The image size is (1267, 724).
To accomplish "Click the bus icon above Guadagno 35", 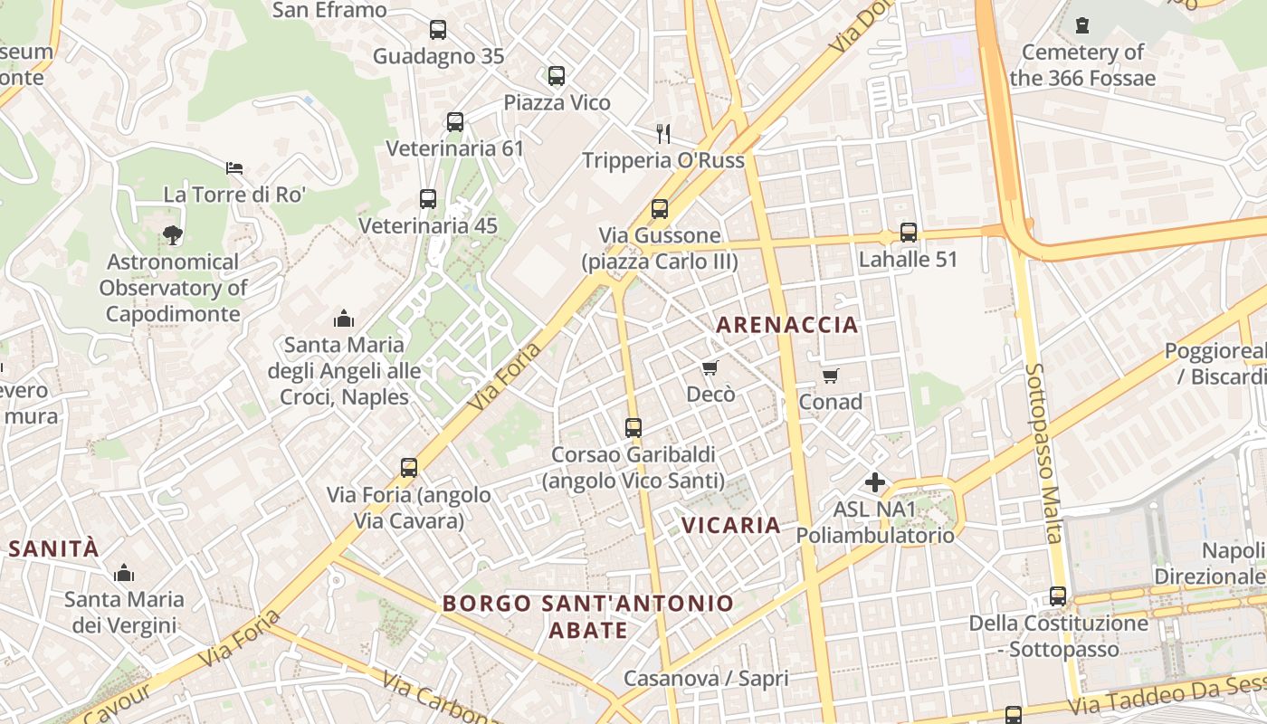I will tap(438, 30).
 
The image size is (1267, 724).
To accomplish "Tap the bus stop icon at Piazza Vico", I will tap(557, 76).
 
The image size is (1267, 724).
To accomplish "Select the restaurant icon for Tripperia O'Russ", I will tap(663, 134).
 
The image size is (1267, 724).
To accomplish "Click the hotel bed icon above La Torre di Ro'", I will tap(234, 167).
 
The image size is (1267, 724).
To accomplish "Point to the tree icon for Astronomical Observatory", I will tap(173, 235).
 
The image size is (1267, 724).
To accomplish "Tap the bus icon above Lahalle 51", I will tap(909, 233).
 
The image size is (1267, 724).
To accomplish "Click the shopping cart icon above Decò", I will tap(710, 367).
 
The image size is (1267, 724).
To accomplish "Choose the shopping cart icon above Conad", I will tap(830, 375).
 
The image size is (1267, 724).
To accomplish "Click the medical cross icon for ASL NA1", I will tap(875, 482).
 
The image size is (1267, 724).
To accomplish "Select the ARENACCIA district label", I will tap(786, 325).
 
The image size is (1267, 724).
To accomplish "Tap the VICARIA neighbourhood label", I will tap(730, 525).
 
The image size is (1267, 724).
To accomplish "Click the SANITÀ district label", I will tap(53, 548).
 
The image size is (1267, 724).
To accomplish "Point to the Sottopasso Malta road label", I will tap(1043, 452).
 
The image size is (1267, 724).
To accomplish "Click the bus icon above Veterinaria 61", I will tap(455, 122).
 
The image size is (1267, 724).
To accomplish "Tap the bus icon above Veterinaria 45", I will tap(428, 199).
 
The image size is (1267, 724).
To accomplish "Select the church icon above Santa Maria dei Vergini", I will tap(124, 573).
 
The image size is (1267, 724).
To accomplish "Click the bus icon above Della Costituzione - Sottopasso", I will tap(1058, 596).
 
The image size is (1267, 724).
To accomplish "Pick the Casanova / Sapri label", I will tap(706, 679).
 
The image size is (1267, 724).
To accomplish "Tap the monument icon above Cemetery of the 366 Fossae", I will tap(1082, 25).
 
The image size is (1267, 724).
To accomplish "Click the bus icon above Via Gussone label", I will tap(660, 209).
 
